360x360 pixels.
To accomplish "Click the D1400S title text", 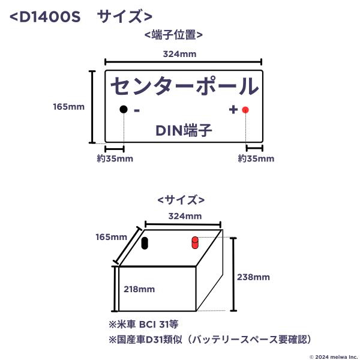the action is click(81, 17).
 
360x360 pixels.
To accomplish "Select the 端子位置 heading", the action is click(173, 35).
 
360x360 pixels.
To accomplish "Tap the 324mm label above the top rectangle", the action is click(180, 54).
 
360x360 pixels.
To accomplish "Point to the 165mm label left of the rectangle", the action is click(68, 107).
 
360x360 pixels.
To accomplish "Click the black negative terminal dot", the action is click(124, 109).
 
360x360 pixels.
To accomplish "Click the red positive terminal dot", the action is click(245, 110).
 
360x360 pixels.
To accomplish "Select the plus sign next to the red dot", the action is click(233, 110).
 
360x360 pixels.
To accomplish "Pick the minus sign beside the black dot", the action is click(137, 110).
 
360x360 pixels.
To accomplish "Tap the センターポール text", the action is click(185, 86).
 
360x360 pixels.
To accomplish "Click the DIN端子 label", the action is click(184, 130).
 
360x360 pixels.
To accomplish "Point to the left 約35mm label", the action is click(115, 158).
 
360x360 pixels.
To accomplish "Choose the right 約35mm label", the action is click(256, 158).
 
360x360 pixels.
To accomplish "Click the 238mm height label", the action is click(253, 277).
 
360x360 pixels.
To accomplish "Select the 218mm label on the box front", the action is click(139, 289).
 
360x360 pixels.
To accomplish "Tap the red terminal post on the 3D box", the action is click(194, 242).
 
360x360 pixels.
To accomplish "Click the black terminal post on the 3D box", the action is click(145, 243).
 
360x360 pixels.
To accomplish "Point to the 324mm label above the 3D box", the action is click(185, 216).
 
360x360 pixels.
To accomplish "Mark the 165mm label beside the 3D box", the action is click(112, 237).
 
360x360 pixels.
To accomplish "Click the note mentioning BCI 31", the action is click(143, 325).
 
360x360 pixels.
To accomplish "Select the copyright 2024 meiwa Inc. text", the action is click(334, 357).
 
